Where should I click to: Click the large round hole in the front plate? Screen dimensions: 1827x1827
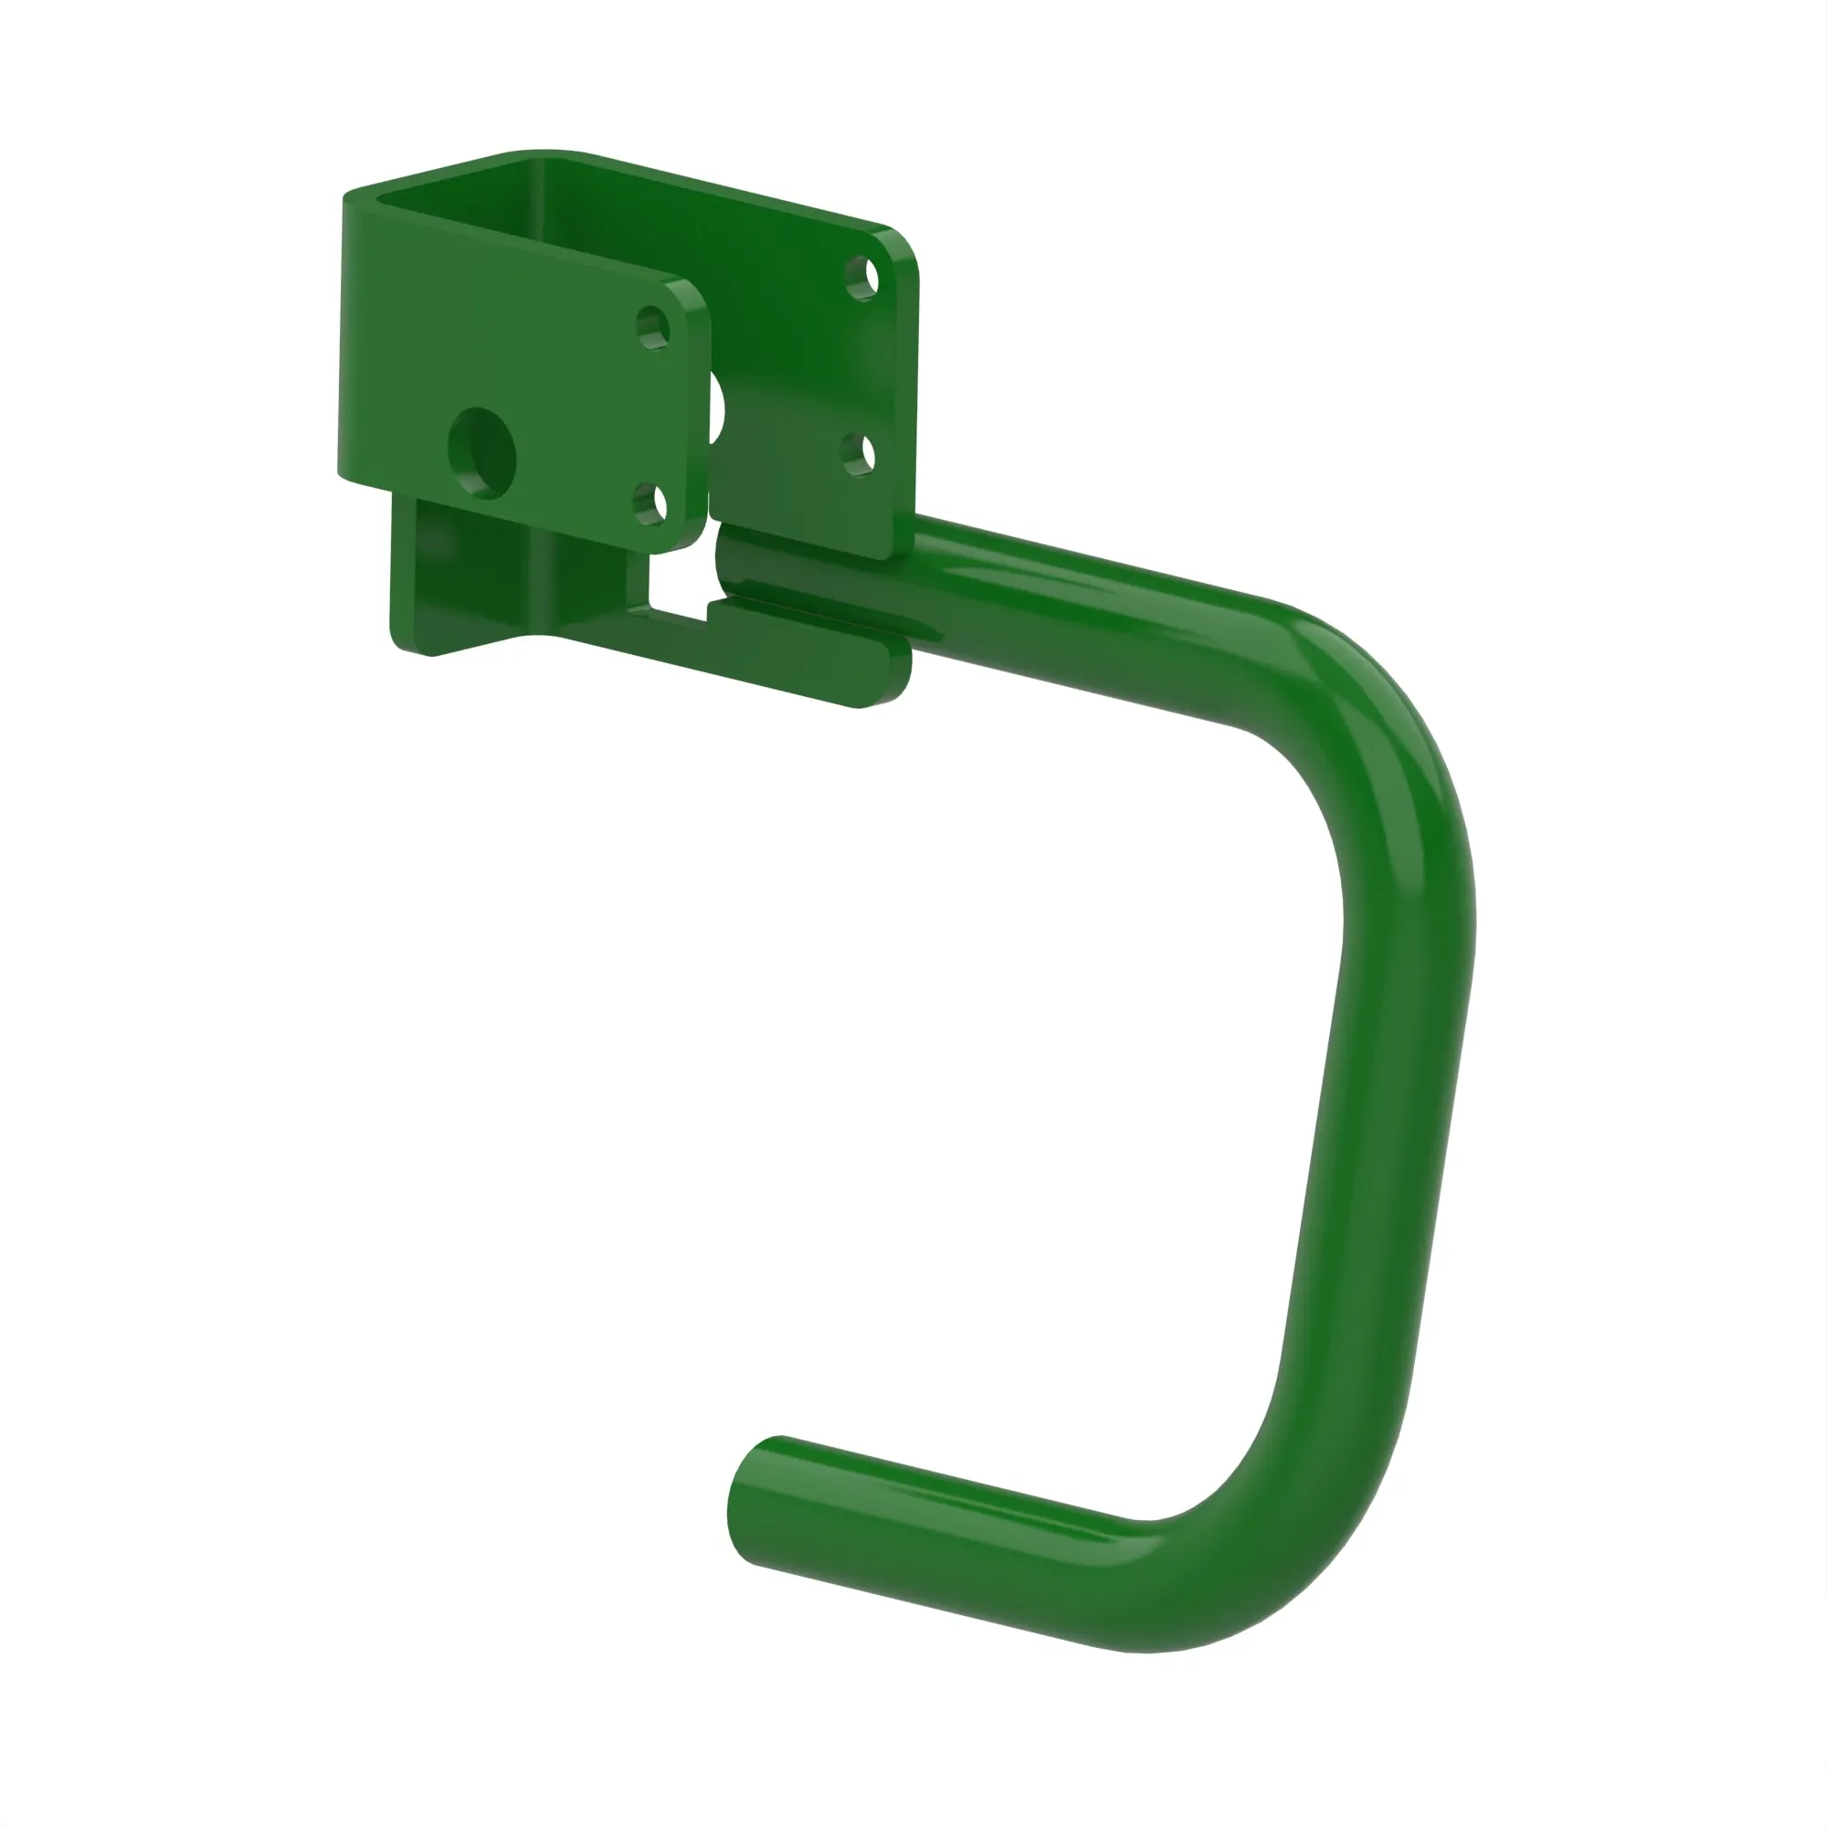[x=481, y=453]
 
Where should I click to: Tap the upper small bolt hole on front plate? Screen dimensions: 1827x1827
[x=651, y=328]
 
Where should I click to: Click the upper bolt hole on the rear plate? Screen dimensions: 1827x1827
[x=861, y=278]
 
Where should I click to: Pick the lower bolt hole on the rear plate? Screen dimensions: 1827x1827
[x=858, y=455]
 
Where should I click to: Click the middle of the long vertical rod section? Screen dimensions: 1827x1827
[x=1371, y=1135]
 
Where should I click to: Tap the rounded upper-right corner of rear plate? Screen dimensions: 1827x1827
[x=903, y=246]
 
